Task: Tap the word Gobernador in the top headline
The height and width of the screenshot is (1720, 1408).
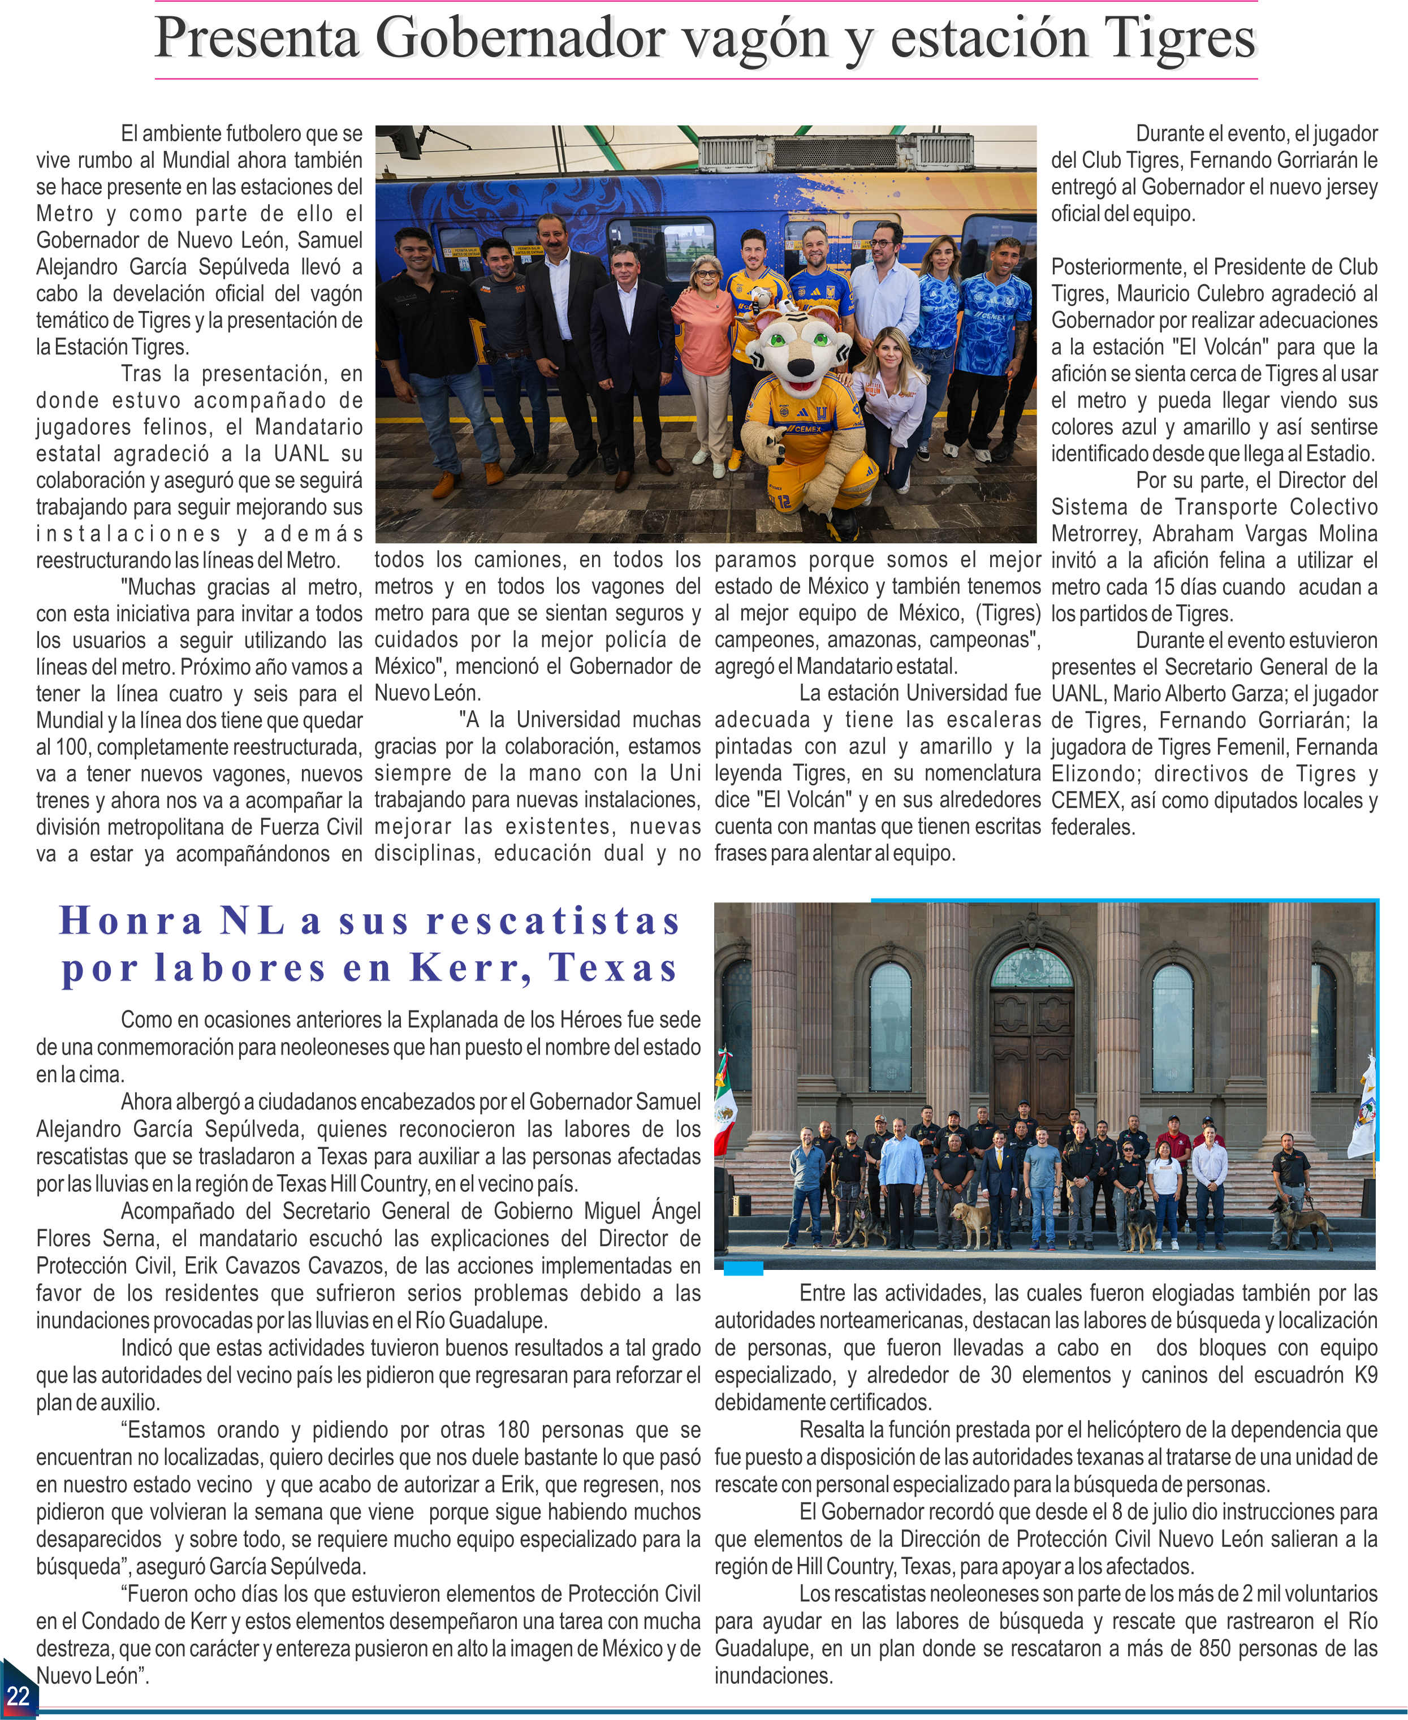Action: pos(519,39)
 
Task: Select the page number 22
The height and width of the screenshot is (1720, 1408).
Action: pos(18,1695)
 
